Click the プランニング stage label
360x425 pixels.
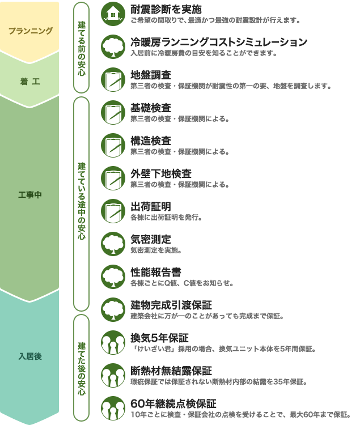click(31, 31)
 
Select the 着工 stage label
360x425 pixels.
click(30, 81)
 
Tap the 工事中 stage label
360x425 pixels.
click(30, 194)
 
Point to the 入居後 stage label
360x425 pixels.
click(30, 356)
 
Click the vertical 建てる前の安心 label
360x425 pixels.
click(81, 48)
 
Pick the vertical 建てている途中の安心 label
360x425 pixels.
click(81, 201)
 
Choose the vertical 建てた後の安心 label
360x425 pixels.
click(81, 368)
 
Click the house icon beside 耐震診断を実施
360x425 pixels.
click(113, 14)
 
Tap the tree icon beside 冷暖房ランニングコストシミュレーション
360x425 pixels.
click(113, 46)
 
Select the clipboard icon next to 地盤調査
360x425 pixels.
click(113, 79)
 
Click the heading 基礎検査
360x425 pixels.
click(151, 108)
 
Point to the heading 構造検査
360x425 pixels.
click(151, 141)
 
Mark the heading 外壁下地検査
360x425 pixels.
click(161, 173)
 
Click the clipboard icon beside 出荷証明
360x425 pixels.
click(113, 211)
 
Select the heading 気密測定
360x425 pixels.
click(151, 239)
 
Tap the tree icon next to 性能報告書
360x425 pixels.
click(113, 277)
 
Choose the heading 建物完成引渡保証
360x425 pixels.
click(171, 305)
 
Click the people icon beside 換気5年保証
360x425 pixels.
click(113, 342)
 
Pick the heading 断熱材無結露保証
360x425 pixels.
click(171, 371)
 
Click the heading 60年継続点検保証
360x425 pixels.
click(173, 403)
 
